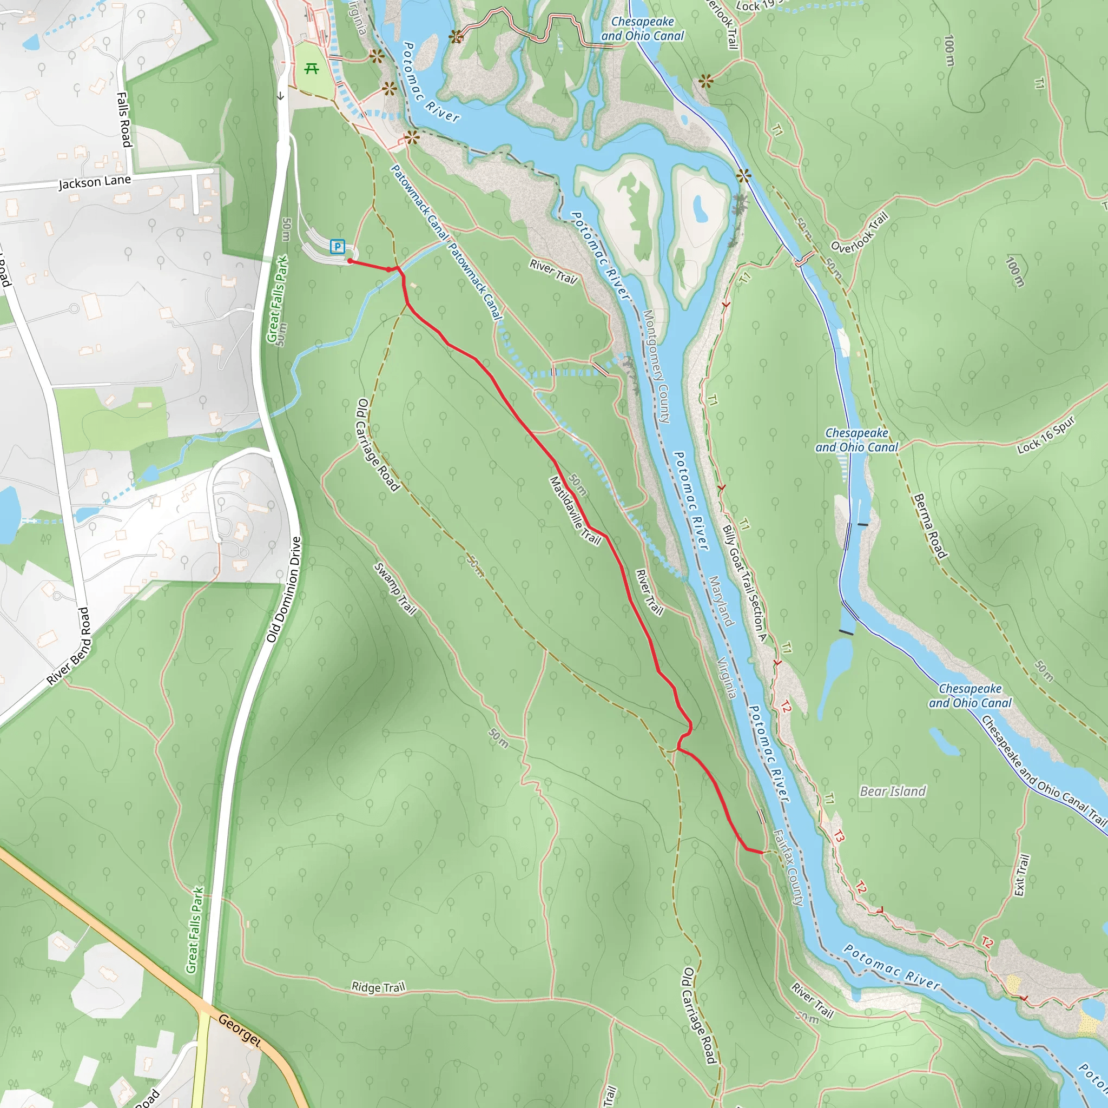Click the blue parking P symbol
(338, 247)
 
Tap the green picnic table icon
(312, 69)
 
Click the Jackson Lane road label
(95, 182)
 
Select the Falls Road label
(124, 119)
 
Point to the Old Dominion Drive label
(284, 590)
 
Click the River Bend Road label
(69, 647)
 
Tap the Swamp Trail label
(395, 589)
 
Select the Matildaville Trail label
(575, 510)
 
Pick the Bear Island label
(893, 792)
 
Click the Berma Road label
(929, 526)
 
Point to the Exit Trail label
(1021, 875)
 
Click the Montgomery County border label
(656, 366)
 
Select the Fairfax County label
(788, 868)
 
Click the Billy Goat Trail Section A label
(744, 583)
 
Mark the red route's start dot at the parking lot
(350, 261)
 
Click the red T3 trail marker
(839, 836)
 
